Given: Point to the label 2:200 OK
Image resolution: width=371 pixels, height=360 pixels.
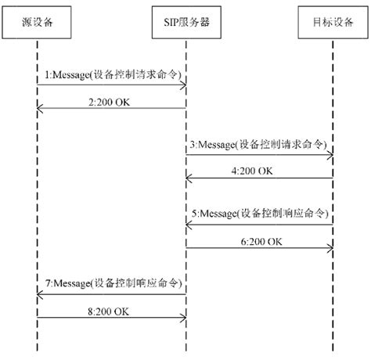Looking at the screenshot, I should (x=111, y=102).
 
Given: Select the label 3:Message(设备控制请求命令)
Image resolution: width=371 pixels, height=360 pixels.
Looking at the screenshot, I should (x=261, y=144).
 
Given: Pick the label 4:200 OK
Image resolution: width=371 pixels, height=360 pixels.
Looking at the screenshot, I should (x=254, y=170).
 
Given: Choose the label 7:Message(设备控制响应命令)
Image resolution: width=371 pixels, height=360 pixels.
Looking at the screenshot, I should (x=111, y=281).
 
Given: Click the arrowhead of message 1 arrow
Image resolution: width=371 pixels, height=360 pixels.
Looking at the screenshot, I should (x=182, y=84).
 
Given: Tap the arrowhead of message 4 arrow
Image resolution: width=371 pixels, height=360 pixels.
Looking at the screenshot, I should (x=189, y=179).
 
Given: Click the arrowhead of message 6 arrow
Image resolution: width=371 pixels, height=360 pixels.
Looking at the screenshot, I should (x=330, y=249).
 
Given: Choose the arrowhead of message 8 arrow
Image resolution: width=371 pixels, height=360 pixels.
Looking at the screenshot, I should (x=182, y=317).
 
